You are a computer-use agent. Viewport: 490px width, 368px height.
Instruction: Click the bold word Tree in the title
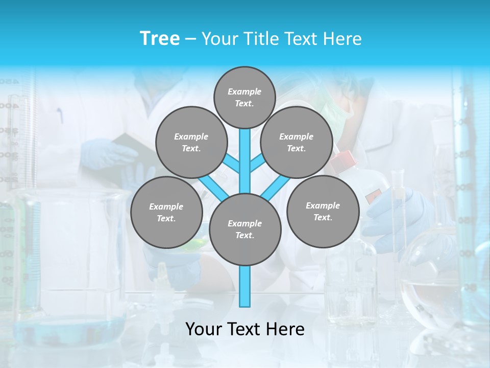click(x=160, y=39)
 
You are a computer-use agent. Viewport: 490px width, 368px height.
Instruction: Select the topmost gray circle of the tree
click(x=244, y=97)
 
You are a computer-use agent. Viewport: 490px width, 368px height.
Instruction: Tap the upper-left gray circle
click(x=191, y=142)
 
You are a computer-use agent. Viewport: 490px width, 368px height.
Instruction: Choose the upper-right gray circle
click(x=296, y=142)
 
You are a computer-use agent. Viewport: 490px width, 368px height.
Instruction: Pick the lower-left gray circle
click(x=166, y=212)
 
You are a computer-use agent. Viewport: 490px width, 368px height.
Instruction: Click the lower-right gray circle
click(x=323, y=211)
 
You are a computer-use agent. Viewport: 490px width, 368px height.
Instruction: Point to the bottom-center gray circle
click(x=244, y=229)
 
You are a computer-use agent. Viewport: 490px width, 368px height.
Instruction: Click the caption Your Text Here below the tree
click(x=244, y=329)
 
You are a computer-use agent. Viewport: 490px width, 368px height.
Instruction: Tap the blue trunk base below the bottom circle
click(x=245, y=286)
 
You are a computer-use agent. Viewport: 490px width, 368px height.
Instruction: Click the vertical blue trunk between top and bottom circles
click(x=245, y=158)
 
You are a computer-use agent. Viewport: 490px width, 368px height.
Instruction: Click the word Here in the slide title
click(x=342, y=39)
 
